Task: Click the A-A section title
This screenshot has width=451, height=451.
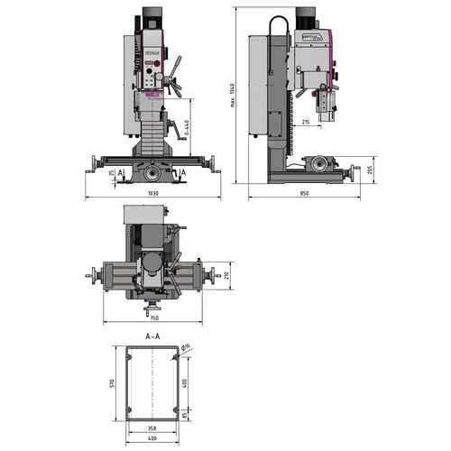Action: point(152,335)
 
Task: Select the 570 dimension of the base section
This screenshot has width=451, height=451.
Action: point(112,382)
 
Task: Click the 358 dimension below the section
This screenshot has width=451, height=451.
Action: point(152,428)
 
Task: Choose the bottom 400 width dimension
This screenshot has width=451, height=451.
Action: point(152,439)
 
